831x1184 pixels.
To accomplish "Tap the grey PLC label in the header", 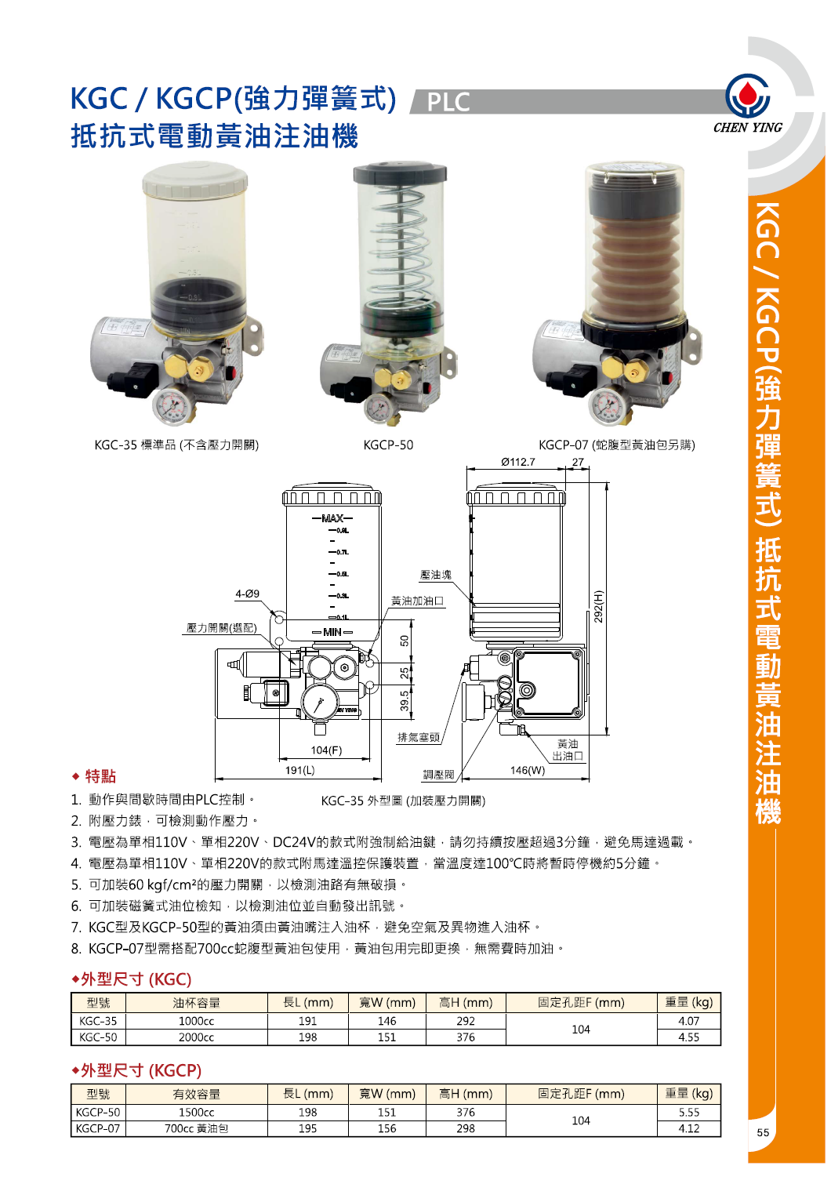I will pos(448,102).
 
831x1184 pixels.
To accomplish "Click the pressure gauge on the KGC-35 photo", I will pos(172,405).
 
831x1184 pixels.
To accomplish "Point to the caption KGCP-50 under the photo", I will pos(388,445).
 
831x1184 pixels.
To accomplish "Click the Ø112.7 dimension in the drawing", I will pos(518,462).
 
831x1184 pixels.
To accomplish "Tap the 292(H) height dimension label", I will pos(599,606).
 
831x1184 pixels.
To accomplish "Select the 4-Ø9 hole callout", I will pos(247,594).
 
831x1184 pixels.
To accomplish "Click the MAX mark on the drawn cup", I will pos(332,518).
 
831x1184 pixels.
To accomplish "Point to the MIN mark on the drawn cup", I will pos(332,632).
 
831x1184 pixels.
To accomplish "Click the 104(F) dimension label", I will pos(326,750).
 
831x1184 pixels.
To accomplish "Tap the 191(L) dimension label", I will pos(299,770).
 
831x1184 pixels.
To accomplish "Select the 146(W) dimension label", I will pos(527,770).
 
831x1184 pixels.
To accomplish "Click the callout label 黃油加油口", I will pos(417,601).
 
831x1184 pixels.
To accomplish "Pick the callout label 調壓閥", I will pos(438,775).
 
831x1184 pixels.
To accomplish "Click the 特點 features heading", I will pos(100,776).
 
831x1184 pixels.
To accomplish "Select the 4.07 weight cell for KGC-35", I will pos(688,1021).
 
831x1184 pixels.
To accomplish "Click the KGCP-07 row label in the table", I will pos(98,1129).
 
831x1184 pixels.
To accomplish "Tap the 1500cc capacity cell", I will pos(196,1113).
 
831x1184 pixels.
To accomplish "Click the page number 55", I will pos(763,1132).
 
